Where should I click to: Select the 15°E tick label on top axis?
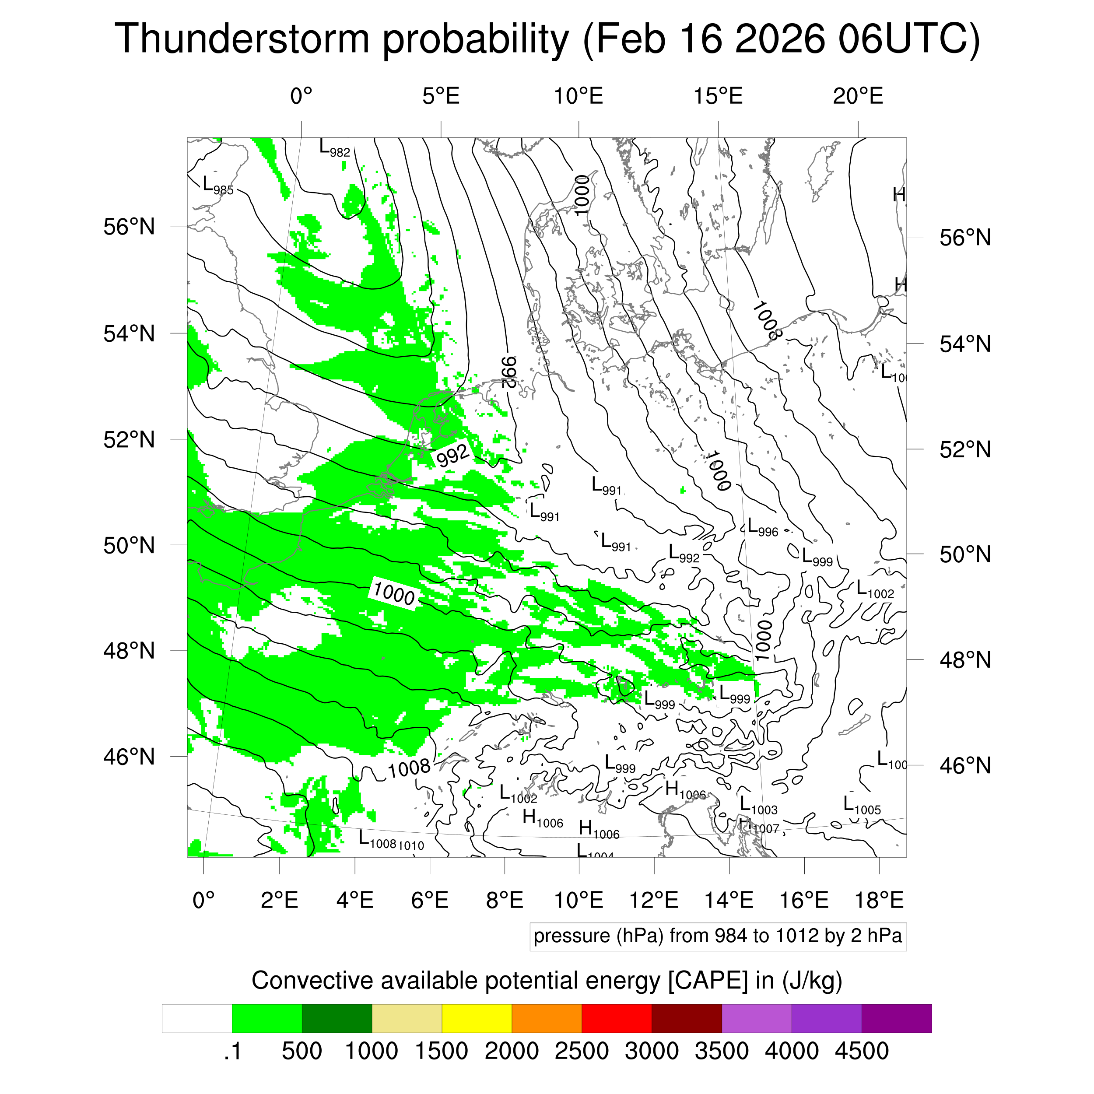click(718, 96)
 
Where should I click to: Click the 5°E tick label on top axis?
click(441, 96)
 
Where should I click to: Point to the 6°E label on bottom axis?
click(430, 900)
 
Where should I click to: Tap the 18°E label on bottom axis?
click(879, 900)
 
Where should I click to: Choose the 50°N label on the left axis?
click(129, 545)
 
